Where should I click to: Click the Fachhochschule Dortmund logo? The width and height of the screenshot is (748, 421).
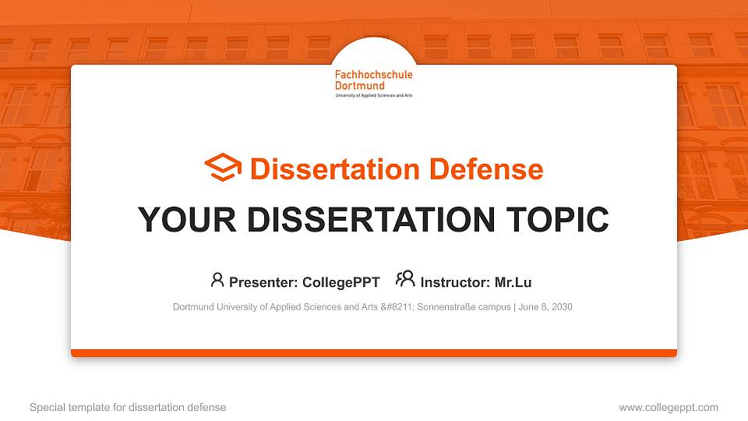[x=373, y=83]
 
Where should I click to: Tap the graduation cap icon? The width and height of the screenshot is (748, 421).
[x=223, y=168]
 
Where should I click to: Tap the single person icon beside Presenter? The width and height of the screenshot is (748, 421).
[x=217, y=280]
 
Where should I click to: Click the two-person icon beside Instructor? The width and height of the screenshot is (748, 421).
[x=405, y=279]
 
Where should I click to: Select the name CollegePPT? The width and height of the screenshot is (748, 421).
[x=340, y=282]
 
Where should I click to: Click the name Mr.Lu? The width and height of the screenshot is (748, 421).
[x=513, y=282]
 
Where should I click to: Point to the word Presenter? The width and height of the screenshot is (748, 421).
[x=263, y=282]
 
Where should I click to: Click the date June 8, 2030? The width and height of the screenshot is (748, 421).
[x=545, y=307]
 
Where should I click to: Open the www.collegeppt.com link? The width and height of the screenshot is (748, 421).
[x=669, y=407]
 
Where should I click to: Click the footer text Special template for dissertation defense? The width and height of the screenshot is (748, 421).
[x=128, y=407]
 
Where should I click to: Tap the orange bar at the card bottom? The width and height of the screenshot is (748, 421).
[x=374, y=353]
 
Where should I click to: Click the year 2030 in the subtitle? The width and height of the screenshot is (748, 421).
[x=561, y=307]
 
